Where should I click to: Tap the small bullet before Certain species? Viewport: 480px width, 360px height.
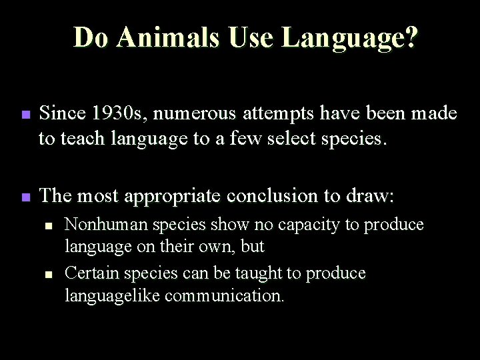coord(49,274)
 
